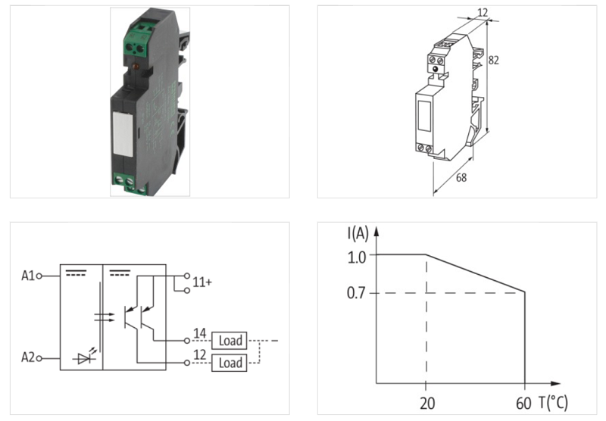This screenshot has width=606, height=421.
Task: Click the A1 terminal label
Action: (x=27, y=276)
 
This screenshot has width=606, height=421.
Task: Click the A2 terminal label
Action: (x=27, y=357)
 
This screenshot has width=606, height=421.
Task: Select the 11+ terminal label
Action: (x=201, y=282)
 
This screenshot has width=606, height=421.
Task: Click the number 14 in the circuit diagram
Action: (x=199, y=333)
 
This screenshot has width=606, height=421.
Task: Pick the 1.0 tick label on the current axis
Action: (x=357, y=256)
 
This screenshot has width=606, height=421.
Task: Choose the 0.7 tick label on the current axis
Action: (x=357, y=293)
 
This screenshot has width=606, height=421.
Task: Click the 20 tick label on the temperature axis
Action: (x=427, y=403)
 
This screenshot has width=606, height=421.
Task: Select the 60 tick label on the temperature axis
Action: (x=523, y=403)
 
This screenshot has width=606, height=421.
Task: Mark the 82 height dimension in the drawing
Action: (x=495, y=59)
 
